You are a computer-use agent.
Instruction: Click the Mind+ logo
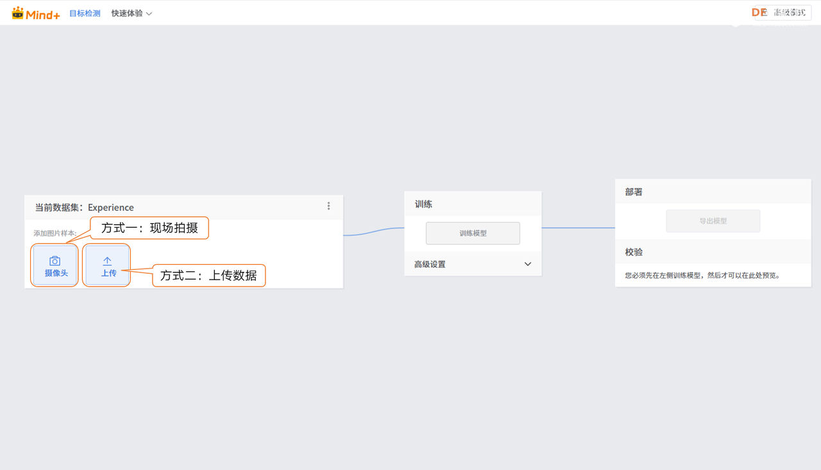(x=36, y=13)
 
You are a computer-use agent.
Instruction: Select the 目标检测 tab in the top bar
(x=85, y=13)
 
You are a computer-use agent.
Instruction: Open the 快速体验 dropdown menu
(x=131, y=13)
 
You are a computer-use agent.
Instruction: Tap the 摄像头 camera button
(x=55, y=266)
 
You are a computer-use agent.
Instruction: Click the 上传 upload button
(x=108, y=266)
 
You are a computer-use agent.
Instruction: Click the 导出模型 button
(x=713, y=221)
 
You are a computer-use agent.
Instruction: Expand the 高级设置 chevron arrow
(x=528, y=264)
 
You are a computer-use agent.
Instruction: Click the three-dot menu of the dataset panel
(x=328, y=206)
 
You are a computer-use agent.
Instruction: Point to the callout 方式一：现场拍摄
(x=149, y=228)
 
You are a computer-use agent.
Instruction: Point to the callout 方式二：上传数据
(x=208, y=276)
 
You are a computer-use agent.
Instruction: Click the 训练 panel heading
(x=423, y=205)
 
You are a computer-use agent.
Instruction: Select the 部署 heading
(x=634, y=192)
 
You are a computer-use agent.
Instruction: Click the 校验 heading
(x=634, y=253)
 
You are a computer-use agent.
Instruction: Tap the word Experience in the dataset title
(x=111, y=208)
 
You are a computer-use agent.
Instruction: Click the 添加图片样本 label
(x=55, y=233)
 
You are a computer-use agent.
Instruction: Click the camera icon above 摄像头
(x=55, y=261)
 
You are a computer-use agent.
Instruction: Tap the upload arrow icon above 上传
(x=107, y=261)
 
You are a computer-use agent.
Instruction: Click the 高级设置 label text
(x=430, y=264)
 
